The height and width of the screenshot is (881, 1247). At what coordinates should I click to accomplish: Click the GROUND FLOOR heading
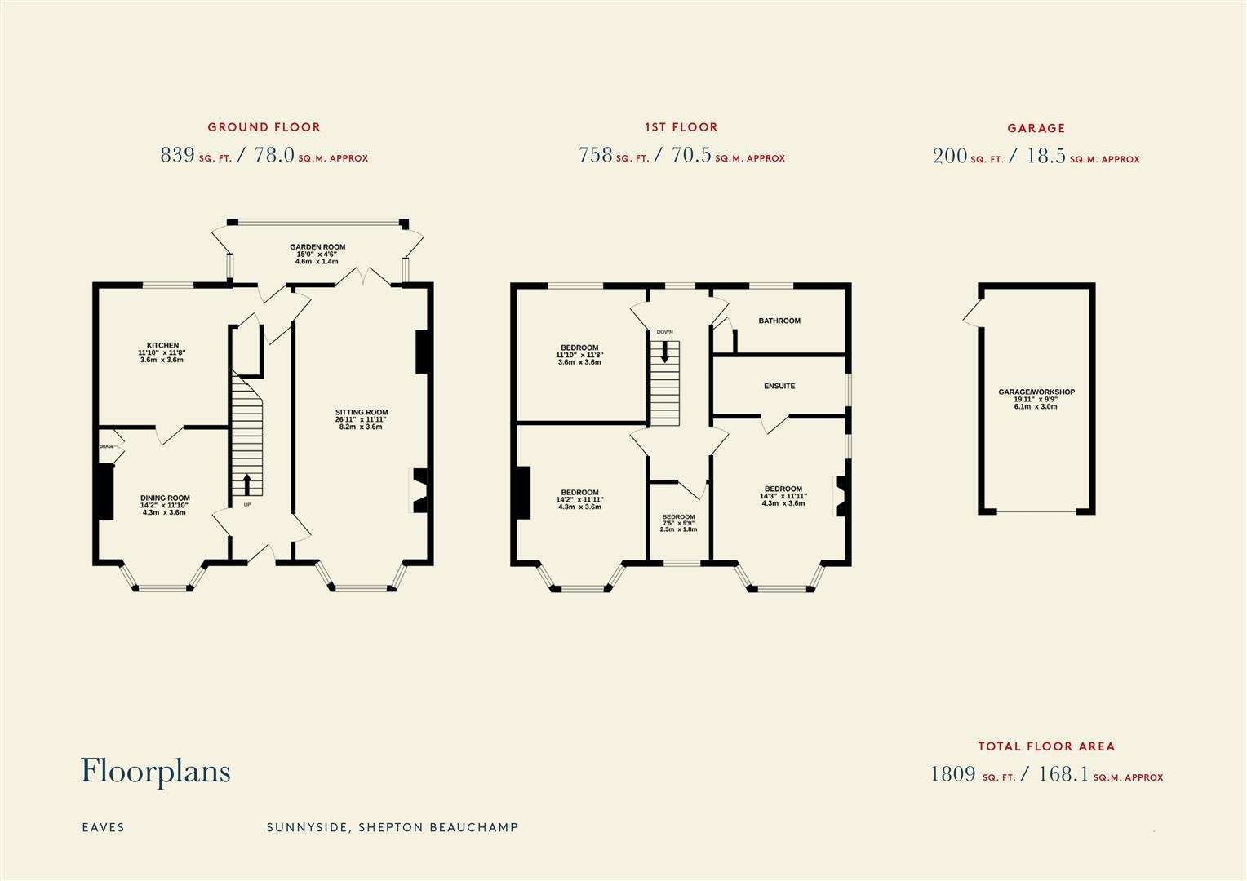click(x=264, y=127)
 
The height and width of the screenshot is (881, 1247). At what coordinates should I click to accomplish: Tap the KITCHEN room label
click(x=162, y=346)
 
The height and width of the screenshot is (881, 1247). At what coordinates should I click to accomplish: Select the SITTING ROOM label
click(x=361, y=413)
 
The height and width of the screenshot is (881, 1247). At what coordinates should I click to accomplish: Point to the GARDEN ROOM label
click(x=317, y=247)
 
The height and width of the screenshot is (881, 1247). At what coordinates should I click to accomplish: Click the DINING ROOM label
click(x=165, y=498)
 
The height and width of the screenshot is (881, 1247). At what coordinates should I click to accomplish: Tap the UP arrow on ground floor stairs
click(x=246, y=484)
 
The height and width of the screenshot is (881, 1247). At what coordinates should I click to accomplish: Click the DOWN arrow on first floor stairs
click(x=665, y=351)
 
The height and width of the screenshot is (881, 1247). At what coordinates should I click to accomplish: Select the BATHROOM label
click(x=779, y=321)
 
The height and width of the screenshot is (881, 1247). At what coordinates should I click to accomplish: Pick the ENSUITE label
click(x=779, y=387)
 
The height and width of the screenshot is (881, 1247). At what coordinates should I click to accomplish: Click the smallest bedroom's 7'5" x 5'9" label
click(x=678, y=524)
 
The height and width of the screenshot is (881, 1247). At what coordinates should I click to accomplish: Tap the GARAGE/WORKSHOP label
click(x=1036, y=392)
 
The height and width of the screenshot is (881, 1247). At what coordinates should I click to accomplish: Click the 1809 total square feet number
click(x=953, y=774)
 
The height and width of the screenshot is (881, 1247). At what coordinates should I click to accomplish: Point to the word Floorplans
click(x=155, y=772)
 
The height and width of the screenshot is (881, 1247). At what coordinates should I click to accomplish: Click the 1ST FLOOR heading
click(x=681, y=127)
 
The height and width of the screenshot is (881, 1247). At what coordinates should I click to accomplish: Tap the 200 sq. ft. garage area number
click(x=949, y=156)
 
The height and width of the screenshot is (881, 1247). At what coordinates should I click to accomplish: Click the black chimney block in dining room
click(x=104, y=492)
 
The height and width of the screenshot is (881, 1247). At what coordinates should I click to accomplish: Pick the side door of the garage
click(x=971, y=312)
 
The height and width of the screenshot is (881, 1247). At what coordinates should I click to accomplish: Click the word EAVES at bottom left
click(x=103, y=827)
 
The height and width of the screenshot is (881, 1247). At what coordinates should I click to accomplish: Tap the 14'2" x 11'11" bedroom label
click(x=579, y=493)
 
